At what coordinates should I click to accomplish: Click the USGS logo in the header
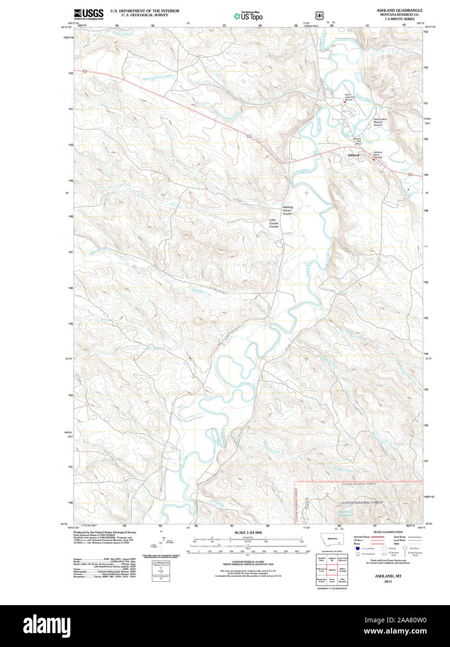(x=89, y=14)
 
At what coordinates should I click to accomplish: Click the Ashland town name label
(x=353, y=155)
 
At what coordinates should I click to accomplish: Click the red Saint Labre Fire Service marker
(x=345, y=102)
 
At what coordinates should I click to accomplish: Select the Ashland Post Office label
(x=357, y=141)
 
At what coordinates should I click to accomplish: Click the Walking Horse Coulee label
(x=287, y=210)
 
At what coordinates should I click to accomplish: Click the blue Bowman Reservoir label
(x=346, y=513)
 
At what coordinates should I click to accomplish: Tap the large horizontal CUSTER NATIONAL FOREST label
(x=361, y=503)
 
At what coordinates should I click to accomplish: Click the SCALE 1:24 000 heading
(x=248, y=532)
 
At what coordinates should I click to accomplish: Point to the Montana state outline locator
(x=332, y=539)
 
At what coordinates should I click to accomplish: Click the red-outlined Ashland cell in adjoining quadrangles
(x=332, y=569)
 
